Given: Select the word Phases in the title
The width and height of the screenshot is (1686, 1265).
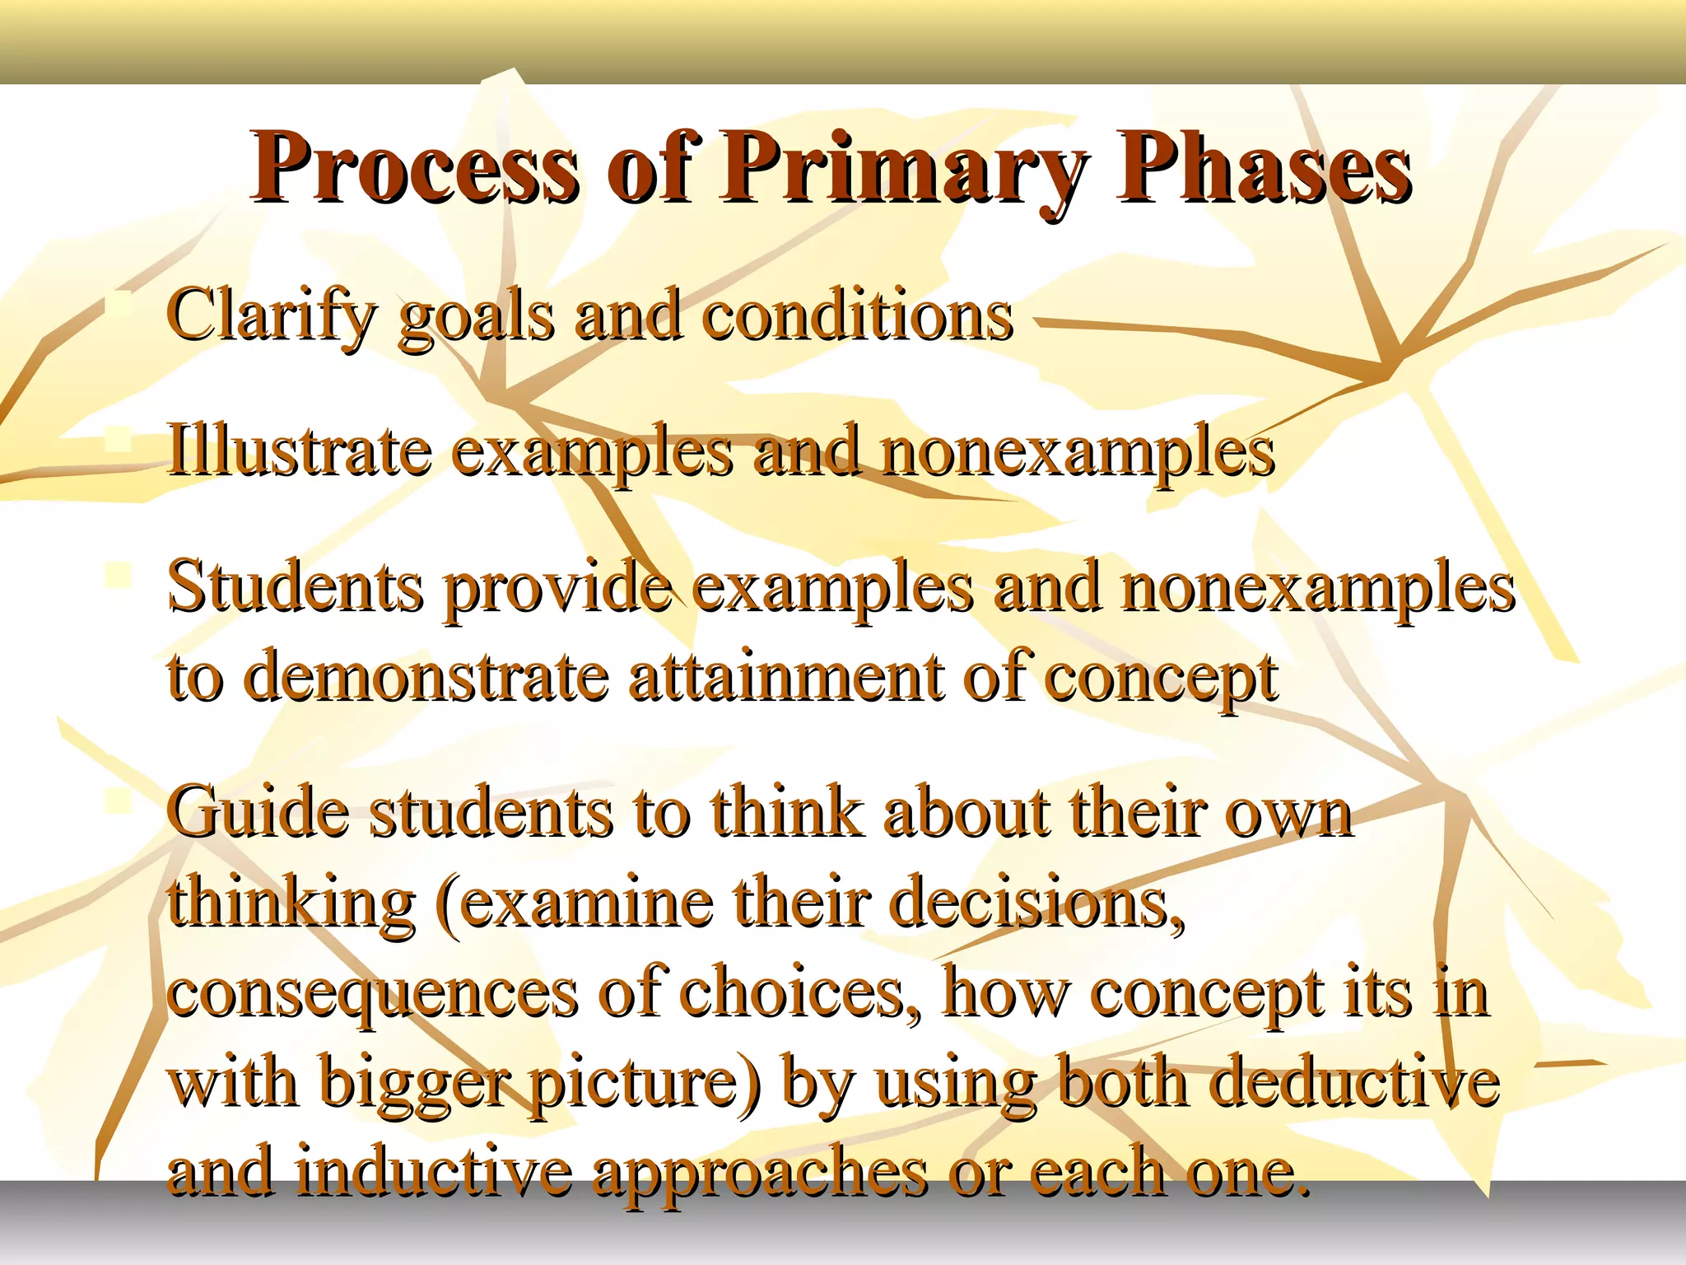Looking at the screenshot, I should (1264, 169).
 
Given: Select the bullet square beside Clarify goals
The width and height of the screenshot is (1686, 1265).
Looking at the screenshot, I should (120, 303).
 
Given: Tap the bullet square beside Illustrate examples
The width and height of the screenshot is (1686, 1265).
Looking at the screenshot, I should (120, 438).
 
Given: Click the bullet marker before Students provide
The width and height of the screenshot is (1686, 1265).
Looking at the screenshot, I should (120, 574).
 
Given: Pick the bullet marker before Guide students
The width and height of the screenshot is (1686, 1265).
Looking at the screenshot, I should (120, 798).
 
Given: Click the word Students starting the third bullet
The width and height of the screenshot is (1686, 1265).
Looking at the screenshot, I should (296, 588).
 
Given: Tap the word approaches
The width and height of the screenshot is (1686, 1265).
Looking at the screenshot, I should (760, 1173).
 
